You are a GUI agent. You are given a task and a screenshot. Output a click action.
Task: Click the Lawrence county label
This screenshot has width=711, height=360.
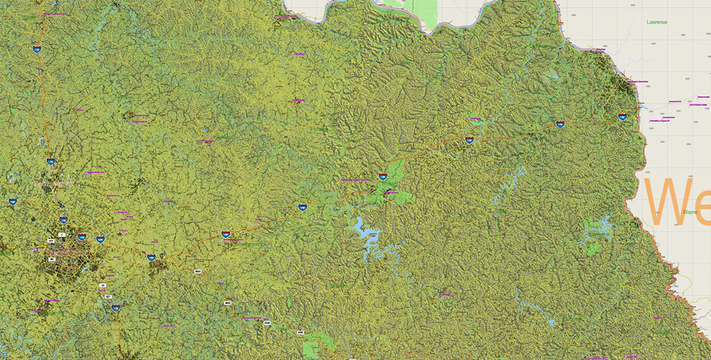pos(657,22)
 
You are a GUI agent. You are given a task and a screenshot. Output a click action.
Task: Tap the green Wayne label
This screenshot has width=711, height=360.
pos(690,212)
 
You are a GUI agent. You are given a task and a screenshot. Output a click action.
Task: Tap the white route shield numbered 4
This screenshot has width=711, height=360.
pos(62,234)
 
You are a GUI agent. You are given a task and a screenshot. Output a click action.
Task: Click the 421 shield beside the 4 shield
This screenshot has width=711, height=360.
pos(51,241)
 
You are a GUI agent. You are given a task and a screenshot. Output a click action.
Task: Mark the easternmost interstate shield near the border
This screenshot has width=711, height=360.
pos(622,117)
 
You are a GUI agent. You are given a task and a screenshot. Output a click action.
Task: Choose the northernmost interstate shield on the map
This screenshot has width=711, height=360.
pos(36,49)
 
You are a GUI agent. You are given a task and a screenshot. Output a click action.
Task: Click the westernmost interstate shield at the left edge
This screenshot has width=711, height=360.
pos(13,201)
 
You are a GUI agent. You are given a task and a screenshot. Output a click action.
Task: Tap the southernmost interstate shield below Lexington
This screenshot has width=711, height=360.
pos(115,308)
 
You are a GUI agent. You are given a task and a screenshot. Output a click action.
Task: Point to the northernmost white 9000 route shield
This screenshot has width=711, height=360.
pos(198,272)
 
